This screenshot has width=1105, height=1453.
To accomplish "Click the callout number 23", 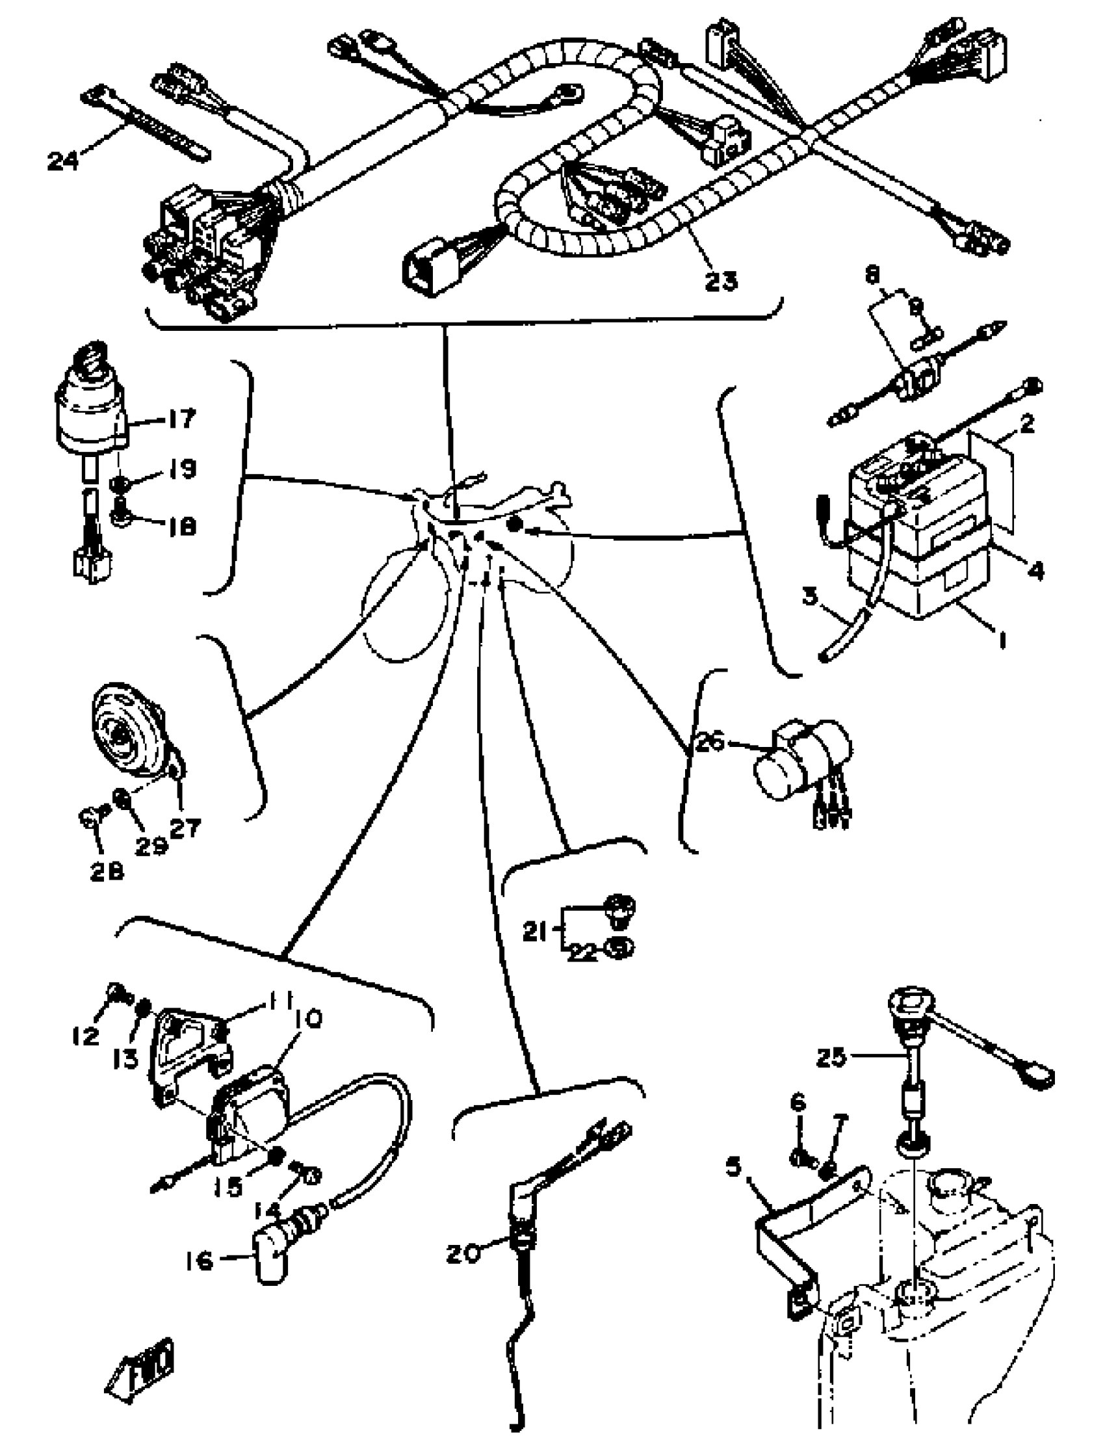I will (x=721, y=281).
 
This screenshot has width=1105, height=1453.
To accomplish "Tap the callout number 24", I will (x=63, y=160).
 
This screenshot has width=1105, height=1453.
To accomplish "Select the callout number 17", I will (x=181, y=418).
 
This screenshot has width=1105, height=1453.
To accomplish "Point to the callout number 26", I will (x=709, y=742).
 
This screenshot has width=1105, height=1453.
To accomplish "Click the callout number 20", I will (x=463, y=1253).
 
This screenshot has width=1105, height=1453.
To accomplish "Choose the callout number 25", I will (x=832, y=1058).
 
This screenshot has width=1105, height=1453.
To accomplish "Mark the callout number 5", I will (x=734, y=1167).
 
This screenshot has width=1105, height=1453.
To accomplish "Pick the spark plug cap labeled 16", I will (x=269, y=1258).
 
